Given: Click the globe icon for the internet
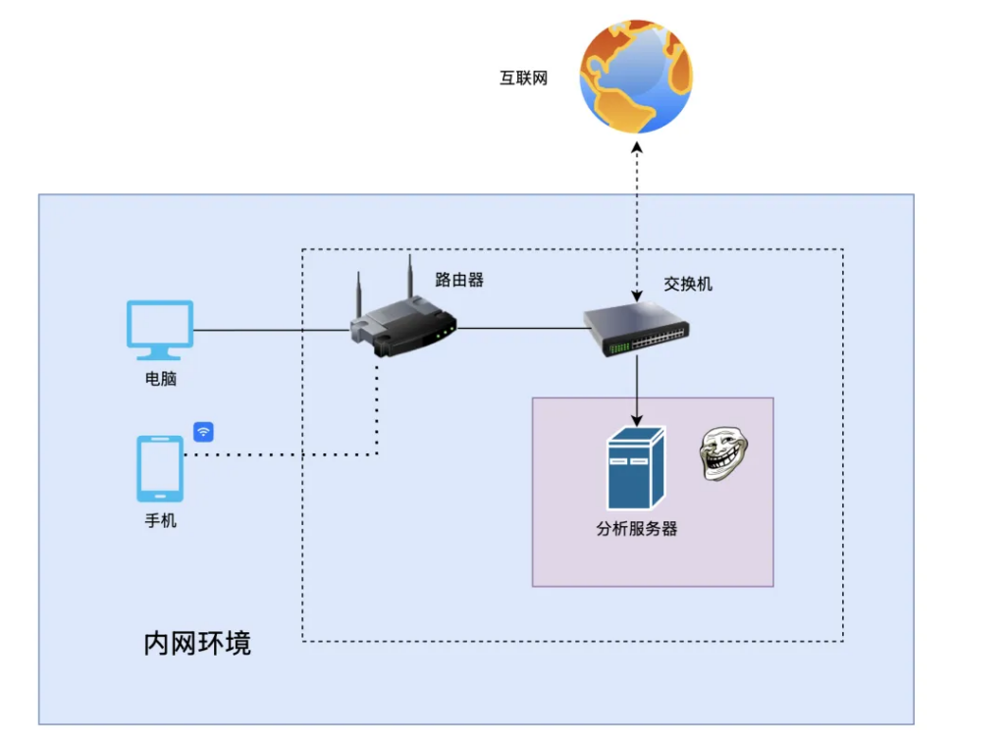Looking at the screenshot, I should [636, 77].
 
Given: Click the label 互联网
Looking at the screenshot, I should [523, 79].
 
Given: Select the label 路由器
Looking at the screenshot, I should [459, 280].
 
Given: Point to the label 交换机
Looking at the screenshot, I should [688, 284].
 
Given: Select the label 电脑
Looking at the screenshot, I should [160, 379].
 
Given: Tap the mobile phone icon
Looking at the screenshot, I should [160, 469].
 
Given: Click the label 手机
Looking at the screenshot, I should [160, 521].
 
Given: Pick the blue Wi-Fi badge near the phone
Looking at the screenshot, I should [203, 432].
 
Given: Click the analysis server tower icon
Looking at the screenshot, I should [636, 468].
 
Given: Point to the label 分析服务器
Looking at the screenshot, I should [636, 529].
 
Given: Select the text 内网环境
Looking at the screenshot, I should [197, 644].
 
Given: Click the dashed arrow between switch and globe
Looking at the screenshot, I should [637, 216].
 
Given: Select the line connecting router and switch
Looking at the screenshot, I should [520, 329].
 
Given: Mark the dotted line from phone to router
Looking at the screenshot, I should [285, 454].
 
